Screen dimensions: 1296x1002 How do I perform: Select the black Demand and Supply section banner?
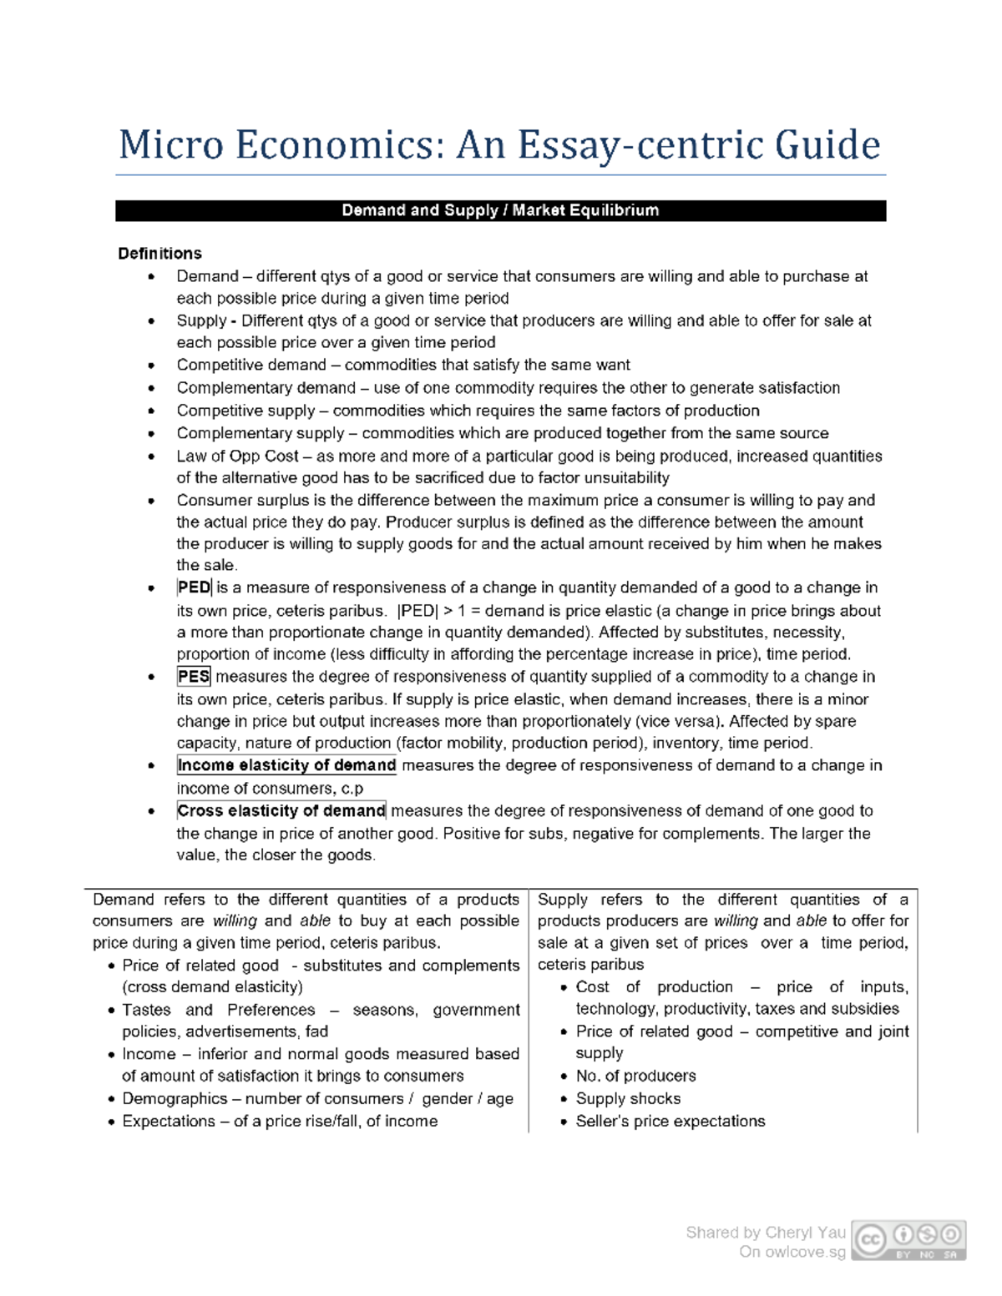click(500, 210)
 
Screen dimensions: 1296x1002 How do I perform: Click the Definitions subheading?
click(159, 254)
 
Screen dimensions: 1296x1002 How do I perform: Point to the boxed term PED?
click(194, 587)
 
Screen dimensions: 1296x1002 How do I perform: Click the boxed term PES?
click(194, 677)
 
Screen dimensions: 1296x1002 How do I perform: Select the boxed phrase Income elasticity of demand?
click(286, 765)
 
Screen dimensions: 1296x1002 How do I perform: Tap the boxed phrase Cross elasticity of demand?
click(281, 810)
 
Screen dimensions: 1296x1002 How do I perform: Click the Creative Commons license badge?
click(909, 1239)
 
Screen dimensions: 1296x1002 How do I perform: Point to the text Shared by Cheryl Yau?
click(766, 1233)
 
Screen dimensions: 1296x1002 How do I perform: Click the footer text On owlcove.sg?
click(792, 1252)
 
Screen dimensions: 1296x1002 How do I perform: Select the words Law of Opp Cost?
click(237, 456)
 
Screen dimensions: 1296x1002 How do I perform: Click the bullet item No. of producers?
click(635, 1077)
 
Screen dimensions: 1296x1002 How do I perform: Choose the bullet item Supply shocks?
click(628, 1099)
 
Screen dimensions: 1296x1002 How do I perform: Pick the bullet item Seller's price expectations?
click(670, 1121)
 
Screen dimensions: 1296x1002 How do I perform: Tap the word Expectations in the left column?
click(169, 1121)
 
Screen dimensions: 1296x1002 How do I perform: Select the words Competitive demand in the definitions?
click(250, 366)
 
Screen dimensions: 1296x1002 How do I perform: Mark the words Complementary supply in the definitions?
click(260, 433)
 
